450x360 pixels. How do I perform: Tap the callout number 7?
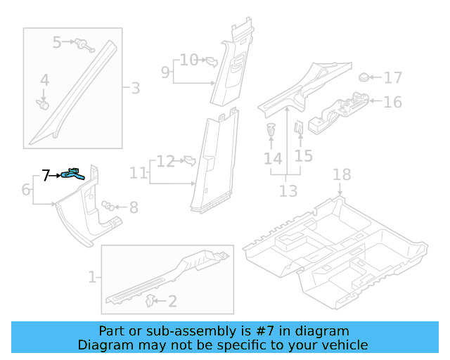click(46, 176)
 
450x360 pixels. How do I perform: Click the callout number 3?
click(135, 89)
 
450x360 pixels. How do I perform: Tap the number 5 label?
click(58, 43)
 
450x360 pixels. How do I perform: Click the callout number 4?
click(44, 81)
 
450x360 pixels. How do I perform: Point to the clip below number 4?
click(43, 105)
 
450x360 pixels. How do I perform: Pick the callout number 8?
click(133, 207)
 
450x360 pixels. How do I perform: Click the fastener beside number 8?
click(109, 206)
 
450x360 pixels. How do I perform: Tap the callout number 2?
click(172, 302)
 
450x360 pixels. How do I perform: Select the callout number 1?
click(91, 277)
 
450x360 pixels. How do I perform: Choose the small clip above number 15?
click(298, 129)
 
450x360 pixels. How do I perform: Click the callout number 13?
click(288, 191)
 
